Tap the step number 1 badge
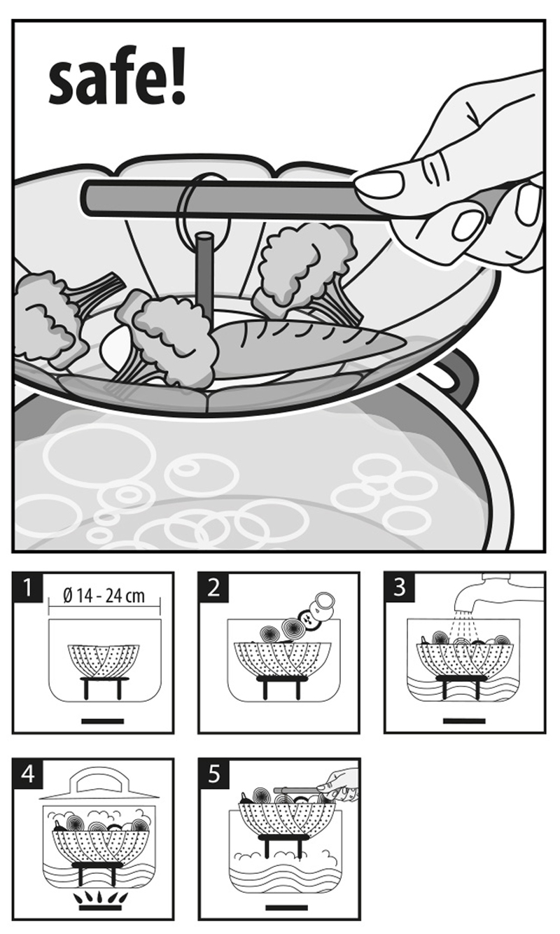point(28,588)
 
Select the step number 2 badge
point(214,588)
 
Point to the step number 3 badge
point(400,588)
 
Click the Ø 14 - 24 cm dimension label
point(104,597)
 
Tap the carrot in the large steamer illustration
point(309,337)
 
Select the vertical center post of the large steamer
point(204,271)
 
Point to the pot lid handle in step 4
point(99,780)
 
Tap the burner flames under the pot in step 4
point(99,899)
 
